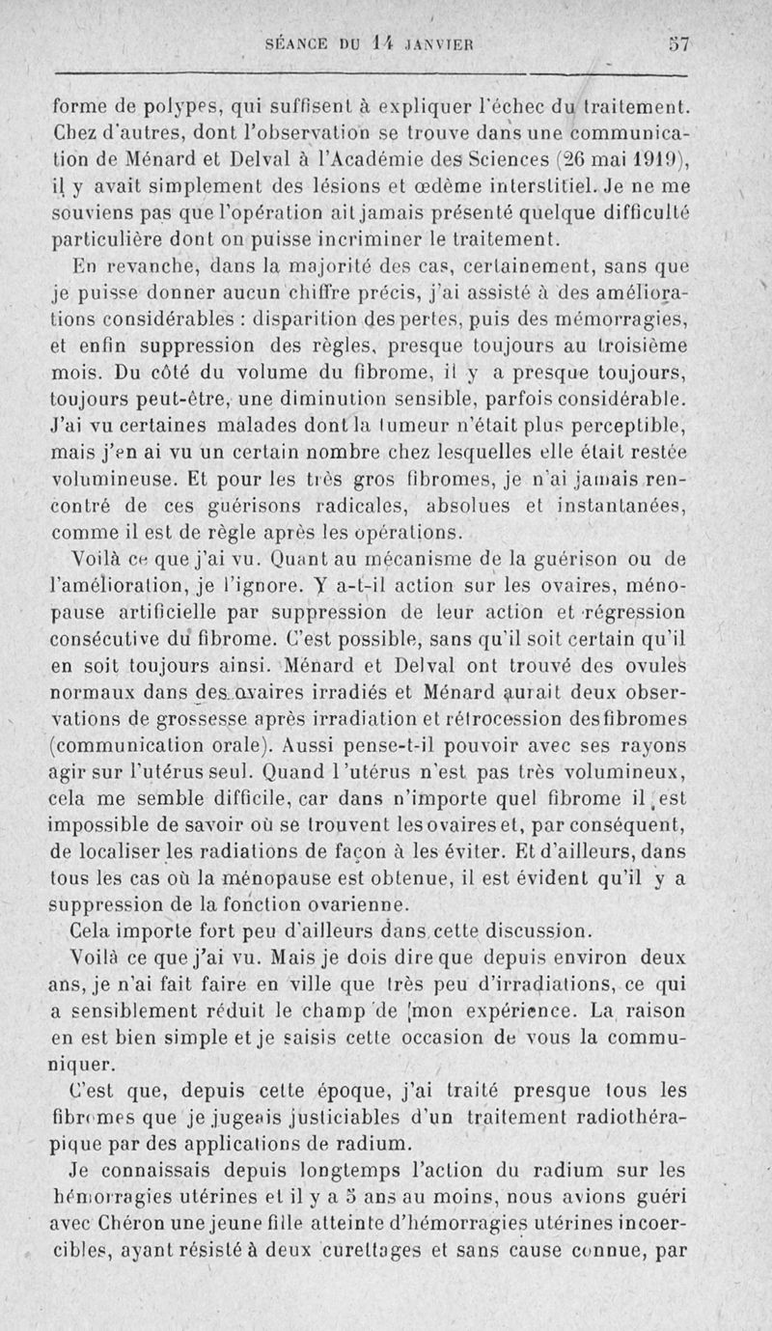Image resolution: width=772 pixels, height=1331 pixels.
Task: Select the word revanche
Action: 153,263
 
